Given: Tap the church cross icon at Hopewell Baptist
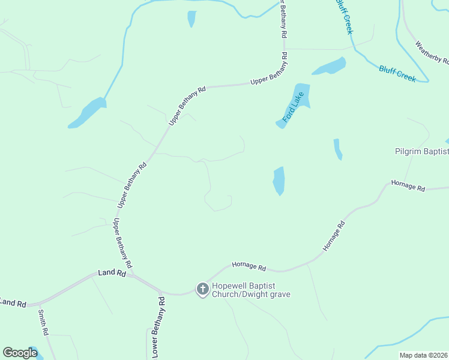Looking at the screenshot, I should click(x=203, y=290).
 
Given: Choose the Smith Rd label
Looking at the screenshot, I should click(x=44, y=322).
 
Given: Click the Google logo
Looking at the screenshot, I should click(x=20, y=353).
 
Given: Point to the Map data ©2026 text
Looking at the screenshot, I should click(x=423, y=355).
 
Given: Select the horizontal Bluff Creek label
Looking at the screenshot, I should click(x=397, y=74).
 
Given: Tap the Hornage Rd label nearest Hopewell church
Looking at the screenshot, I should click(x=249, y=266).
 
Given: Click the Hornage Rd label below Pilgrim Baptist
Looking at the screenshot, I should click(x=408, y=185).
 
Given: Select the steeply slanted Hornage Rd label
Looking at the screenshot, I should click(x=334, y=236).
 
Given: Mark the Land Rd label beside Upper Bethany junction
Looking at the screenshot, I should click(x=112, y=274).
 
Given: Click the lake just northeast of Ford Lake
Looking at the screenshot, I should click(x=328, y=66).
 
